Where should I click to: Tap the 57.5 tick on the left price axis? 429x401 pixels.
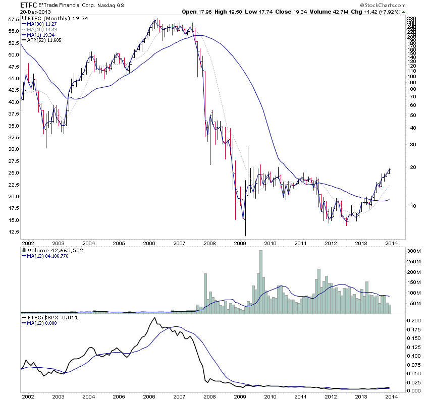click(13, 19)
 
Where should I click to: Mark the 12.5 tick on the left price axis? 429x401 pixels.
click(13, 232)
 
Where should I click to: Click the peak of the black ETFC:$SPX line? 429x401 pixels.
click(153, 318)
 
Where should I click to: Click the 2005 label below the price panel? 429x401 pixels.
click(119, 243)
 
